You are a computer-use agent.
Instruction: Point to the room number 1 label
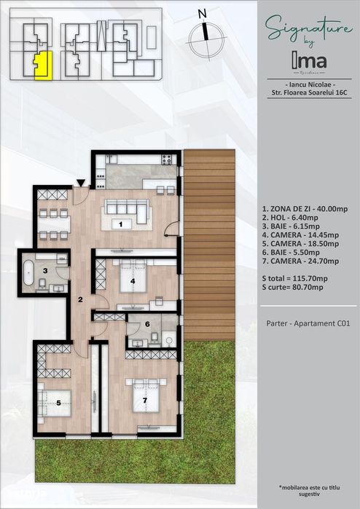click(120, 224)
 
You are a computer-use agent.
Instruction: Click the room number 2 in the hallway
click(80, 299)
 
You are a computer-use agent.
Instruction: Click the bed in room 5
click(55, 401)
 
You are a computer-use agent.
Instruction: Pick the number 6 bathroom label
click(147, 325)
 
